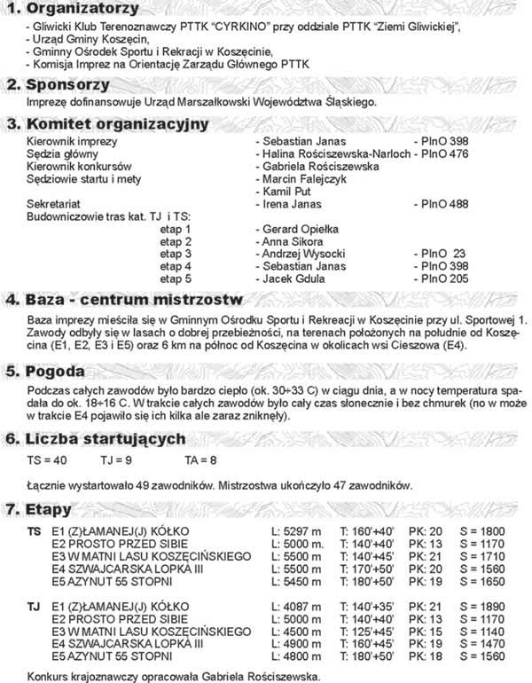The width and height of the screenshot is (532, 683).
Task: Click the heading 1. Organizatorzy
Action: pyautogui.click(x=67, y=9)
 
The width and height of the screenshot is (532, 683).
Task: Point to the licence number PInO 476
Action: pyautogui.click(x=445, y=154)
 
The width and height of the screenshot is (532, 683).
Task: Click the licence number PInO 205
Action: pyautogui.click(x=445, y=279)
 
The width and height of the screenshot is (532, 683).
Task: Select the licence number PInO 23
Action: pyautogui.click(x=445, y=254)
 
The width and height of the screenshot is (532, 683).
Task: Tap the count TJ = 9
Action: pyautogui.click(x=117, y=460)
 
